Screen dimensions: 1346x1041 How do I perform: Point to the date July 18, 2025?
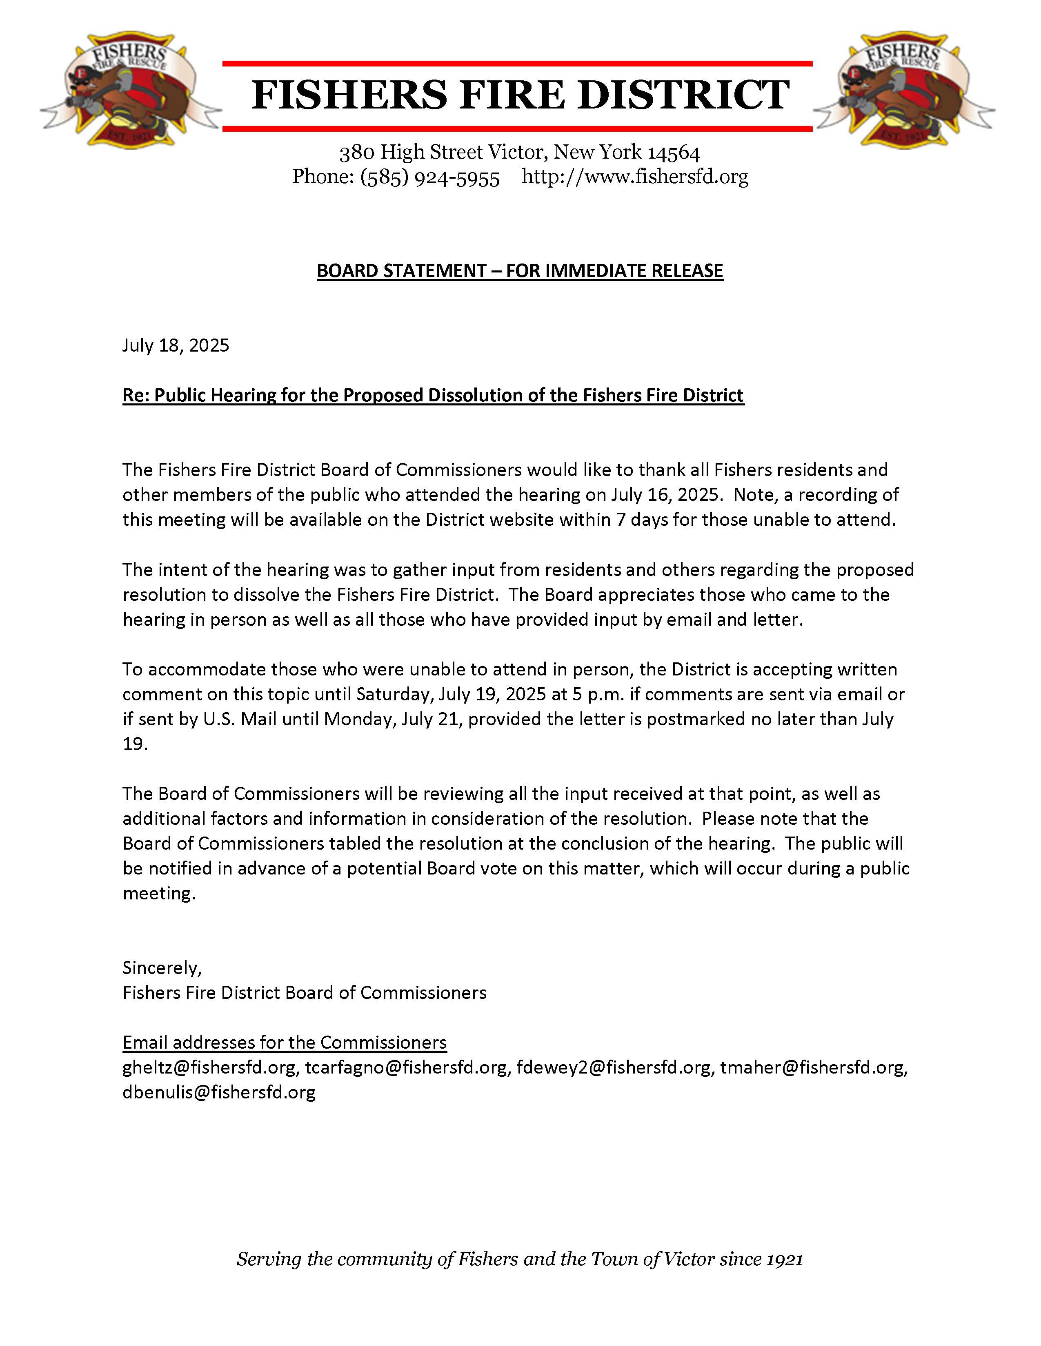coord(176,345)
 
